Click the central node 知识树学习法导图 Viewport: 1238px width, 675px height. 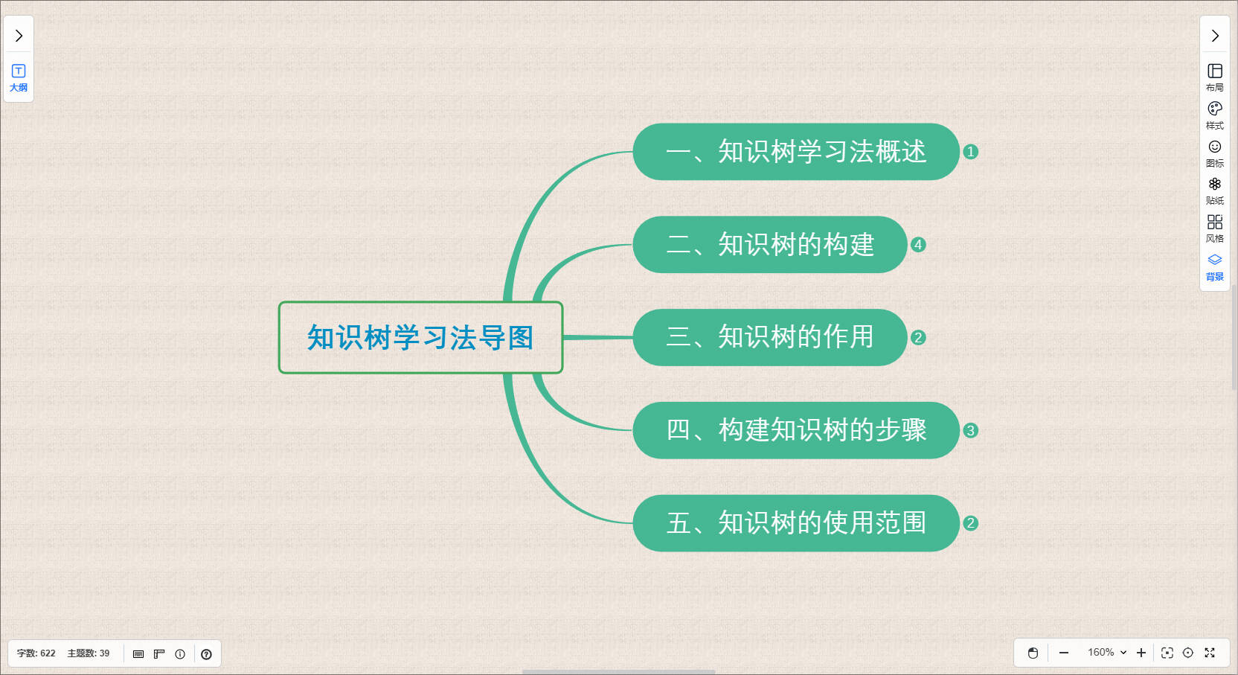click(x=420, y=337)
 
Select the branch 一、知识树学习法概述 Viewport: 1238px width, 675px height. click(x=796, y=152)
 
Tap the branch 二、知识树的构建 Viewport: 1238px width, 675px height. click(x=770, y=244)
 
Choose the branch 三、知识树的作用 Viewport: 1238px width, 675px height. click(x=770, y=337)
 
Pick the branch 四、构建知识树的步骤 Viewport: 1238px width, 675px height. click(x=796, y=430)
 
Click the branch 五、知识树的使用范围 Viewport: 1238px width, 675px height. click(x=796, y=523)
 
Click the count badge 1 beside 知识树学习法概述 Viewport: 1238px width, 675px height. click(x=970, y=152)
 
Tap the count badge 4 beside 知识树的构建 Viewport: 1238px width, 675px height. click(x=918, y=244)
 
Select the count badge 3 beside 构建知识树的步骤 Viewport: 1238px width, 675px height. click(x=970, y=430)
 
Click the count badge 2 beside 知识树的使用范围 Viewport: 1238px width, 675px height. click(x=970, y=523)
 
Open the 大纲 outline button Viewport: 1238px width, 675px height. click(x=19, y=78)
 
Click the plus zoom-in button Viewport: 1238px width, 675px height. click(x=1141, y=653)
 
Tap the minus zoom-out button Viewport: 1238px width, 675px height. click(x=1064, y=653)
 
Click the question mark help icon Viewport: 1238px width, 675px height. click(x=206, y=654)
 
